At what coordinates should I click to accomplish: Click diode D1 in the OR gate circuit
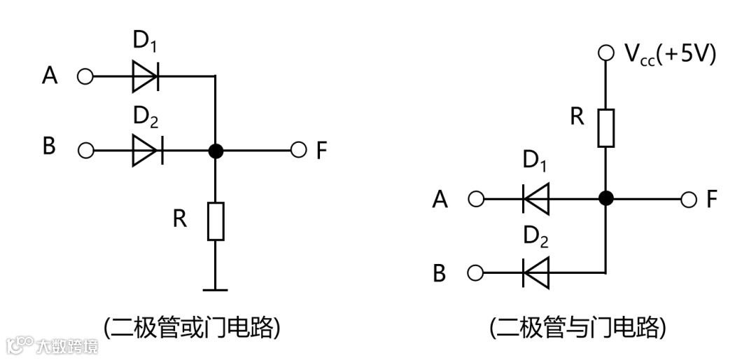click(146, 76)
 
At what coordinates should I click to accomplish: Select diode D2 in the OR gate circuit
click(146, 150)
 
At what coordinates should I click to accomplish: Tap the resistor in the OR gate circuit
click(216, 221)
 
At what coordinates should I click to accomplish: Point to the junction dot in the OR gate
click(216, 150)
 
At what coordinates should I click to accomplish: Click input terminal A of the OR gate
click(85, 76)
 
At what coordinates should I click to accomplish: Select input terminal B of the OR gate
click(85, 150)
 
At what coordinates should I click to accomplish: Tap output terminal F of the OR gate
click(299, 150)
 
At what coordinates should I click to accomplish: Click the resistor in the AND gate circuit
click(606, 127)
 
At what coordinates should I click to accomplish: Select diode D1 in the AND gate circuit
click(536, 199)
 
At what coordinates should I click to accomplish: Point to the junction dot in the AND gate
click(606, 199)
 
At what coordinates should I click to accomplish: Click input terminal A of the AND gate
click(476, 200)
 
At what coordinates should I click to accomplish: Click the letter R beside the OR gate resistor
click(180, 219)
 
